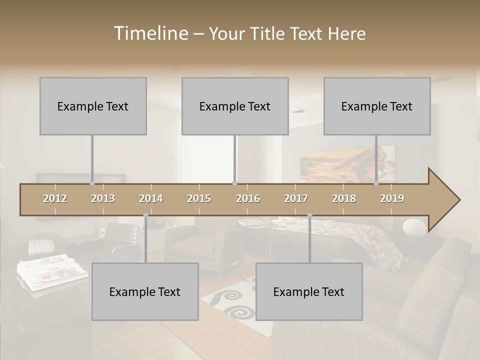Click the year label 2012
coord(55,199)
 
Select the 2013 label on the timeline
coord(103,199)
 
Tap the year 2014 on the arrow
coord(151,199)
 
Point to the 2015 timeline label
coord(199,199)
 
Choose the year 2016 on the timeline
coord(248,199)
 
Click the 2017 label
coord(296,199)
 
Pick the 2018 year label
coord(344,199)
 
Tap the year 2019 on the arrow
coord(392,199)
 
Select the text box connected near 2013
coord(93,106)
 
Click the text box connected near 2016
coord(235,106)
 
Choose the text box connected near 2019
coord(377,106)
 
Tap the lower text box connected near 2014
coord(145,291)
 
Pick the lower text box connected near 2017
coord(309,291)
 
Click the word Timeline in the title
coord(150,33)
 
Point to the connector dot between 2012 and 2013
coord(92,183)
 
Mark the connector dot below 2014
coord(145,215)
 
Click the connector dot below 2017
coord(309,215)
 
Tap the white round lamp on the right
coord(414,227)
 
